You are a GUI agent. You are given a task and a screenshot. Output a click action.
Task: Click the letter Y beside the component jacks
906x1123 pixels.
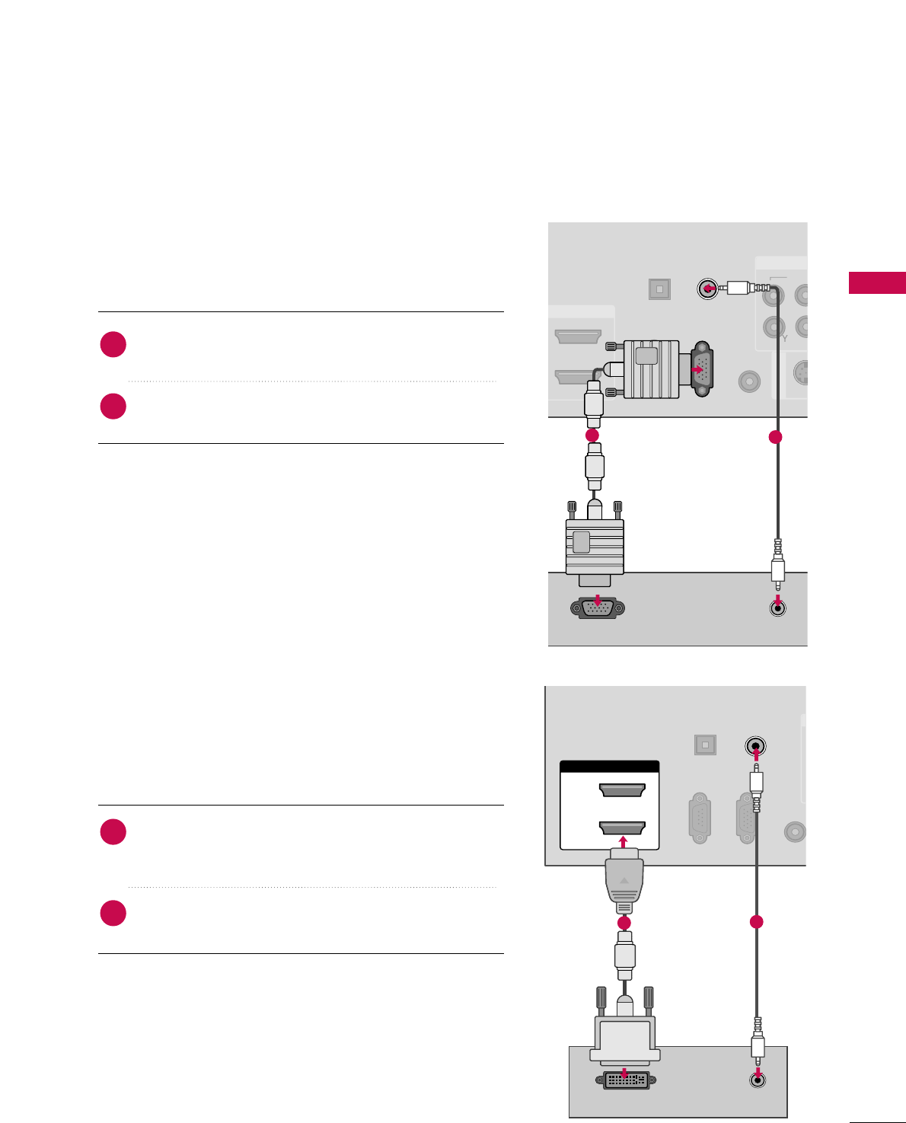[785, 338]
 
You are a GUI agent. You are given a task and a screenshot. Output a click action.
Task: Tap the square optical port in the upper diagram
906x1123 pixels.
[659, 289]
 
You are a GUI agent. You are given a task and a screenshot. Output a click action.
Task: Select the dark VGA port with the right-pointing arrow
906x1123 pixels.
[701, 369]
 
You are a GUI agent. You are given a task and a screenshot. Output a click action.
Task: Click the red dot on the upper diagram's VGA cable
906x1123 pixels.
[592, 435]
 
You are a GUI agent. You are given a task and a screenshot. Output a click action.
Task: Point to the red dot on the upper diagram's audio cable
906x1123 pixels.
[775, 437]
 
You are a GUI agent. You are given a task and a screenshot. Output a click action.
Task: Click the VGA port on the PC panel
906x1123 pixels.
[597, 608]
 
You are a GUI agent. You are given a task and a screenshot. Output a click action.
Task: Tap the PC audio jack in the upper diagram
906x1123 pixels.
[777, 607]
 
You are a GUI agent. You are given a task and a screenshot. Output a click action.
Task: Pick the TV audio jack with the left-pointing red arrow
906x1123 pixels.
[708, 289]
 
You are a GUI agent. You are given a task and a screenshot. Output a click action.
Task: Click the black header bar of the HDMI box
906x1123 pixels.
[609, 767]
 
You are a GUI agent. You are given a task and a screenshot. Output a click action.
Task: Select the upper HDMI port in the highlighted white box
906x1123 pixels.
[622, 790]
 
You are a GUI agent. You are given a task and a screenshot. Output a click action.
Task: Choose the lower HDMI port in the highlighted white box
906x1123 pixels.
[622, 828]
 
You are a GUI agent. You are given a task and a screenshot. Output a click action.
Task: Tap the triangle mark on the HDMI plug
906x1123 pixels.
[624, 880]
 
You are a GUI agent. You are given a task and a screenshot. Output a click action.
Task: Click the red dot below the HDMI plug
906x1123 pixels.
[624, 923]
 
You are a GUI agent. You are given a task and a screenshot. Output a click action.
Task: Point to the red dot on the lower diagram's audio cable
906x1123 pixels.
[756, 922]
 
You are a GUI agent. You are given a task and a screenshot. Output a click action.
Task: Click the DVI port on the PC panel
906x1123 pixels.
[626, 1080]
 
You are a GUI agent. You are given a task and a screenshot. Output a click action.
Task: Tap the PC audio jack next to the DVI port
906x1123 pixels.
[758, 1079]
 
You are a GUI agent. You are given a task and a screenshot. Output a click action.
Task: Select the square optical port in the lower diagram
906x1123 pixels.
[705, 744]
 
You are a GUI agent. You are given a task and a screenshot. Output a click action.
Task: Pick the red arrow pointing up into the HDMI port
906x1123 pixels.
[624, 842]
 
